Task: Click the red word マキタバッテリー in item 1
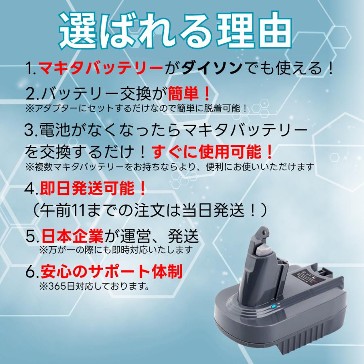pyautogui.click(x=100, y=68)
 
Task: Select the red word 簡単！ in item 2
pyautogui.click(x=189, y=95)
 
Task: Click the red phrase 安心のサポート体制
pyautogui.click(x=110, y=271)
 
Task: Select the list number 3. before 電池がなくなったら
pyautogui.click(x=30, y=130)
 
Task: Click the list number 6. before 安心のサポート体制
pyautogui.click(x=32, y=271)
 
